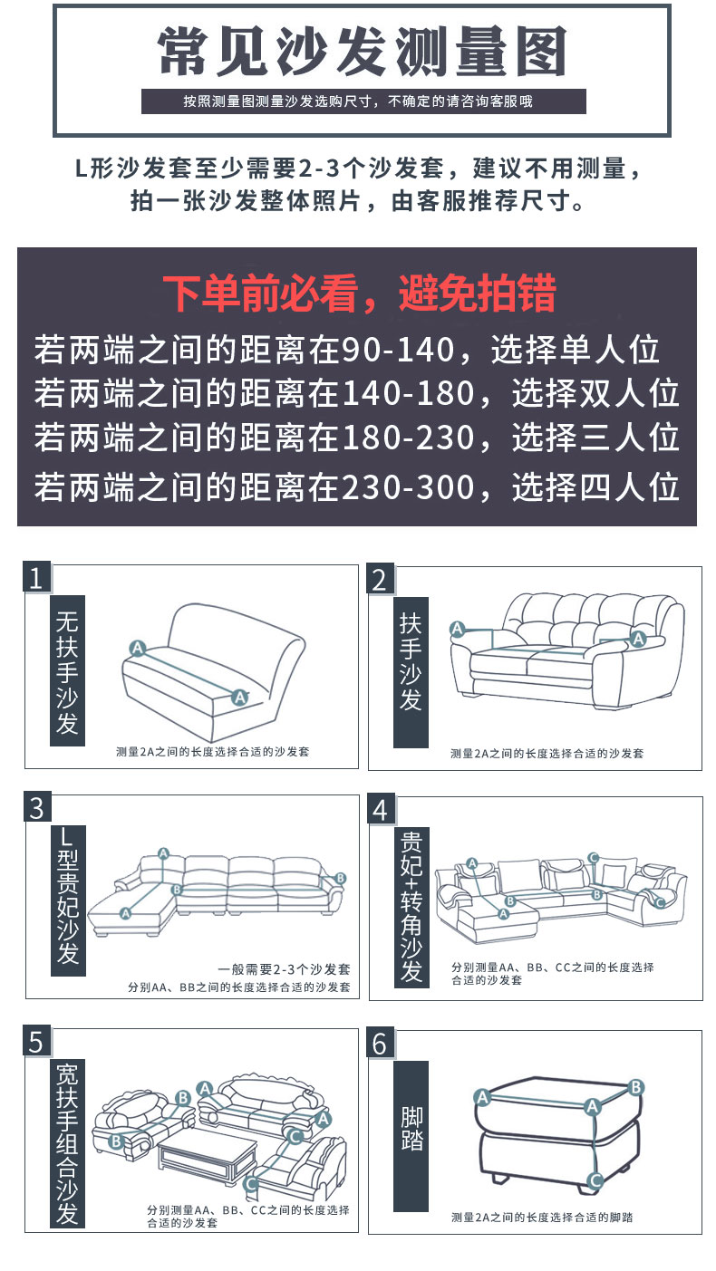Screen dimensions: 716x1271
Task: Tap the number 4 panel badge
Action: click(381, 809)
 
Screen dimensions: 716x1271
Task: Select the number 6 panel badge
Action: click(381, 1043)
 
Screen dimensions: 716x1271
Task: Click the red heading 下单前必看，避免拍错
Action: click(359, 294)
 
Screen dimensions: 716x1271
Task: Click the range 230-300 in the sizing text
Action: click(407, 487)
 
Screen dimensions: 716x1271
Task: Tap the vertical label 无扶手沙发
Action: click(68, 670)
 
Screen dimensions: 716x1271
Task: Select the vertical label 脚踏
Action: click(411, 1129)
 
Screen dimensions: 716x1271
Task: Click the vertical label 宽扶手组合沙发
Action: click(68, 1142)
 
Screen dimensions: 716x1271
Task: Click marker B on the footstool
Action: click(636, 1087)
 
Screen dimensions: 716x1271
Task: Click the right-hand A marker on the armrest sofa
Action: click(639, 639)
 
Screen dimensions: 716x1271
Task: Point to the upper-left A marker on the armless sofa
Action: click(138, 648)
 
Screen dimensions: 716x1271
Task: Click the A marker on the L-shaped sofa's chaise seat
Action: click(125, 913)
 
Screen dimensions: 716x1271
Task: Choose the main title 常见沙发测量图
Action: click(362, 52)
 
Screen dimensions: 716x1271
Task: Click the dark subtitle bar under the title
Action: click(363, 101)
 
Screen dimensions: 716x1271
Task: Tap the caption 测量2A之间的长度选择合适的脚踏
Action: click(542, 1217)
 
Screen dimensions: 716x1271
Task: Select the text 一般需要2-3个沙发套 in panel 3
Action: click(284, 969)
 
